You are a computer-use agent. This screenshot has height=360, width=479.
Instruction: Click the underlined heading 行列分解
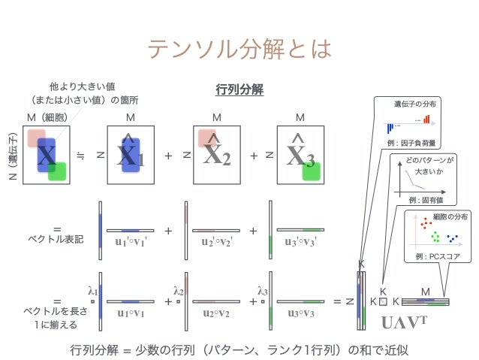pos(239,89)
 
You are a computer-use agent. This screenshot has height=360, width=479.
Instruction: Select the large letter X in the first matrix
pos(47,156)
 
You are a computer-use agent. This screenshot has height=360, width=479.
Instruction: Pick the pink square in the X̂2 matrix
pos(206,138)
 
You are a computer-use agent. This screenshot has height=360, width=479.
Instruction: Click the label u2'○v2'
pos(216,241)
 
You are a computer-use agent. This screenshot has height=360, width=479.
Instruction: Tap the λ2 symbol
pos(179,291)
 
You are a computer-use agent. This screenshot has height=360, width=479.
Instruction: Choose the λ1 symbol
pos(92,291)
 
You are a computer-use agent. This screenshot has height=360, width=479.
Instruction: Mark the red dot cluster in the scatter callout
pos(426,225)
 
